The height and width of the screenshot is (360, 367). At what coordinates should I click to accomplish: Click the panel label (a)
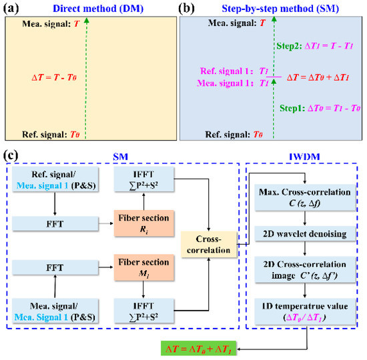point(11,9)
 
